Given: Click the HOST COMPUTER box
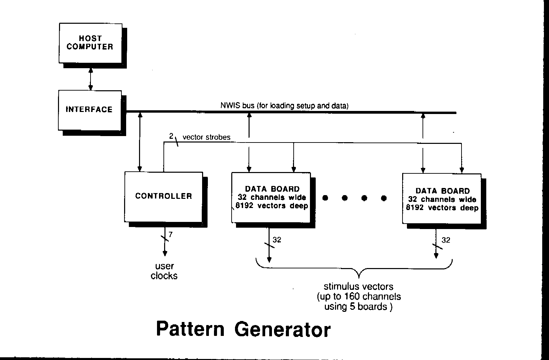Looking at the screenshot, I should pos(90,43).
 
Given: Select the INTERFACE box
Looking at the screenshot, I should pos(90,110).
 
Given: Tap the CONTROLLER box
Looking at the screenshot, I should pos(163,196).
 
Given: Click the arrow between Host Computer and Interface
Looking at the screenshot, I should pos(91,79).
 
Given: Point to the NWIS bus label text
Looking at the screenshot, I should pos(284,106).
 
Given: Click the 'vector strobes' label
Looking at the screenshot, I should pos(206,137).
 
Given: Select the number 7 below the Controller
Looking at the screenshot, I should pos(171,234).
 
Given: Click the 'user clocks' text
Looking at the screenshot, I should pos(164,271).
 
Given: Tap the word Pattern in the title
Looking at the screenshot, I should pos(190,329).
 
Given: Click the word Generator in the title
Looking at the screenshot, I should pos(282,329).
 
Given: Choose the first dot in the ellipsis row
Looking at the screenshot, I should pos(325,198).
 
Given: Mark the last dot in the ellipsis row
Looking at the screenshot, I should pos(384,198).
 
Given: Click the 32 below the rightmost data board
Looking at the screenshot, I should pos(446,240).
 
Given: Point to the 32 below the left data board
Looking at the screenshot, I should pos(277,240).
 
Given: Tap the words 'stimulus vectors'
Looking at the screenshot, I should pos(358,286).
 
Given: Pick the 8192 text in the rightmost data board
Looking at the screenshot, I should pos(415,208).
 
